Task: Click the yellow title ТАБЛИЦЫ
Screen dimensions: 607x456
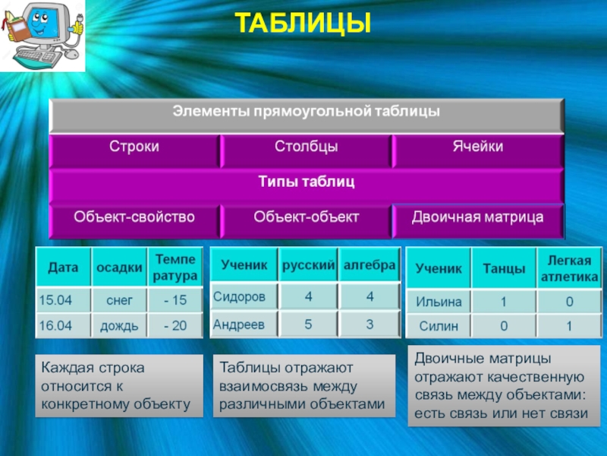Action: (x=303, y=23)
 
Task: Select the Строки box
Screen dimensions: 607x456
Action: (x=134, y=150)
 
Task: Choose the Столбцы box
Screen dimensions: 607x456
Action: (x=307, y=150)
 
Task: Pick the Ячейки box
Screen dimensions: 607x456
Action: (x=478, y=150)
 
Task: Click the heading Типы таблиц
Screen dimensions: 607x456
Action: (x=307, y=182)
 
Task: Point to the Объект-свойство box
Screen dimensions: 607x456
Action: (x=134, y=221)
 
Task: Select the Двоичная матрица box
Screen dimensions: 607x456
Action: (x=478, y=221)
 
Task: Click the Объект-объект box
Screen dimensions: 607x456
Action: (x=307, y=221)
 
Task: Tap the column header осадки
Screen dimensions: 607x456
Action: (x=119, y=268)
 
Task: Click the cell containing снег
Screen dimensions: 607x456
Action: (x=119, y=299)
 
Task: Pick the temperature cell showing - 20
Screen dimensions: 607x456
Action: (x=175, y=325)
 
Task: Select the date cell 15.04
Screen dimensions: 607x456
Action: (x=64, y=299)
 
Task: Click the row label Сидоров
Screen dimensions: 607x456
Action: (x=244, y=296)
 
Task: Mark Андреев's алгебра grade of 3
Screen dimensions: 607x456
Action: (x=370, y=325)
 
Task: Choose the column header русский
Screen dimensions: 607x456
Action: (x=308, y=264)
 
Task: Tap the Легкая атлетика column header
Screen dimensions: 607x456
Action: (x=569, y=268)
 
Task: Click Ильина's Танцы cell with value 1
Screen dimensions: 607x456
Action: (x=504, y=301)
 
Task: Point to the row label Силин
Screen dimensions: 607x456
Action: (x=439, y=326)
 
